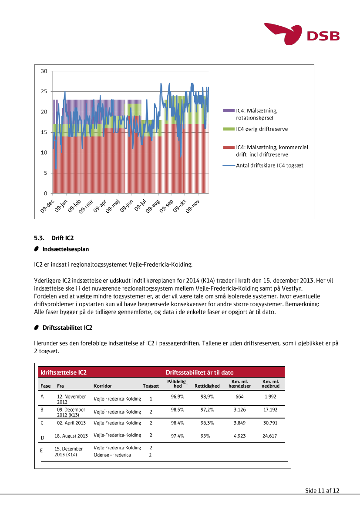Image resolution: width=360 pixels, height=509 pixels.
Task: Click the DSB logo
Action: [x=302, y=34]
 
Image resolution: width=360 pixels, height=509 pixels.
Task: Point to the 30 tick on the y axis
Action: [x=44, y=71]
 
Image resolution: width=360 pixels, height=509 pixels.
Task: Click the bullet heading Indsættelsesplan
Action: [x=66, y=249]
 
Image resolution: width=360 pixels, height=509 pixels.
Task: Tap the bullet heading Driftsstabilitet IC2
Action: [x=67, y=327]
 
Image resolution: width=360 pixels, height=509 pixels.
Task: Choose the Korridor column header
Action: [x=102, y=386]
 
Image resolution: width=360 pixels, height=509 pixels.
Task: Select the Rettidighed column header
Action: [x=207, y=386]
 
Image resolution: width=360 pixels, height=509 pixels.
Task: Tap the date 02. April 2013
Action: [x=71, y=423]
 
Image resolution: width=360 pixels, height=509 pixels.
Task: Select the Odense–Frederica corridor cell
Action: [x=112, y=455]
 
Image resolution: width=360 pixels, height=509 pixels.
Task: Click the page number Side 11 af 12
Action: [x=322, y=491]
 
